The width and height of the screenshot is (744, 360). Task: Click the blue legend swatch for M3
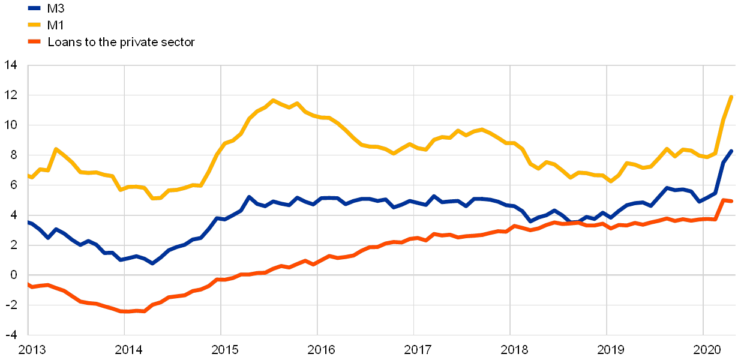[35, 8]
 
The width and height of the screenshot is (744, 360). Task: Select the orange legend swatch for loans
[35, 42]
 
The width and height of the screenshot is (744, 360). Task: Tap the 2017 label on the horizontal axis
[414, 349]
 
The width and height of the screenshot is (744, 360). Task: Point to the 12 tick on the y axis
[12, 95]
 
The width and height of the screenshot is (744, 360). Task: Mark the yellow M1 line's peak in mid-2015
[273, 100]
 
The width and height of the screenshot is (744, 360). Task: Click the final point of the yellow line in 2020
[731, 96]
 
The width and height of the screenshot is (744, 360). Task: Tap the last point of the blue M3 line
[731, 151]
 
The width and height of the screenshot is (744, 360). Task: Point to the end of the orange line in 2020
[731, 201]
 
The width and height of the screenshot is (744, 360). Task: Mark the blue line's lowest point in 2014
[152, 263]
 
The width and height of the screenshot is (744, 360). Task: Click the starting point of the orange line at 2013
[28, 284]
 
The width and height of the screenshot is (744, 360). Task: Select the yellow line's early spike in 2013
[56, 149]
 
